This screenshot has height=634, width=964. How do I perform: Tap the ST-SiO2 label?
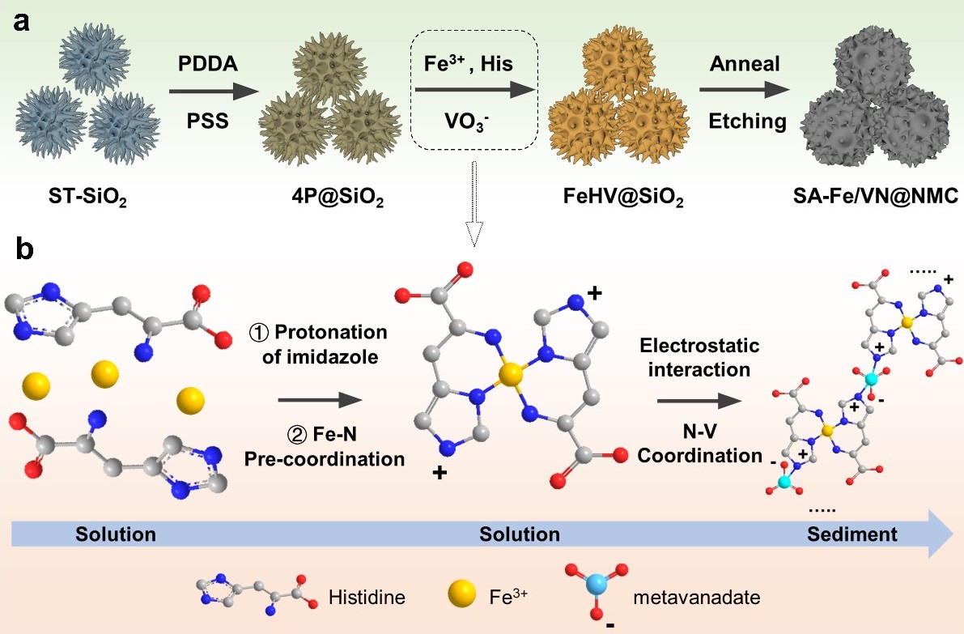(88, 198)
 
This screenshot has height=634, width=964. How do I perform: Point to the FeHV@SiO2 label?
(623, 198)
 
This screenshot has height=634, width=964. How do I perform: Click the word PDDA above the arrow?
(208, 64)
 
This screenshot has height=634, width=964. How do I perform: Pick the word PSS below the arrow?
(208, 121)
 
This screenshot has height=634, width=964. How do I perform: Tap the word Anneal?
(745, 64)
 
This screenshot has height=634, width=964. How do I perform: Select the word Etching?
(748, 121)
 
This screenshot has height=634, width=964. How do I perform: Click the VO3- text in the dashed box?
(467, 121)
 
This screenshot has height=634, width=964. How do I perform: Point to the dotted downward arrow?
(474, 203)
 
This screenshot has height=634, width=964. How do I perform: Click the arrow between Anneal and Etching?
(745, 90)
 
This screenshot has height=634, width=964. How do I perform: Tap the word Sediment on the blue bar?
(852, 534)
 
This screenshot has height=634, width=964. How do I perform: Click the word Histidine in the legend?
(367, 597)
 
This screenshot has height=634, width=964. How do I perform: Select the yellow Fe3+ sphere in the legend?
(461, 594)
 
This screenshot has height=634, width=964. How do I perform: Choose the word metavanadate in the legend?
(697, 597)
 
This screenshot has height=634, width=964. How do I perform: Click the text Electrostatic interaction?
(699, 357)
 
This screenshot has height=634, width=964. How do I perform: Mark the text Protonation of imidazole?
(318, 344)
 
